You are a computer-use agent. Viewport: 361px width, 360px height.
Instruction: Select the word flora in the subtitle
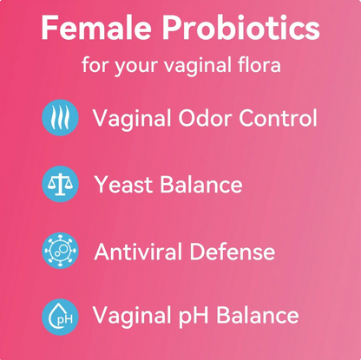(x=257, y=66)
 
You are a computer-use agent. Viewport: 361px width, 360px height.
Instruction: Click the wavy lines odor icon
(x=60, y=117)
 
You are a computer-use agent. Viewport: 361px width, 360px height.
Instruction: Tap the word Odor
(x=207, y=117)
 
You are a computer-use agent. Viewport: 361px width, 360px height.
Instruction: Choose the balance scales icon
(x=60, y=184)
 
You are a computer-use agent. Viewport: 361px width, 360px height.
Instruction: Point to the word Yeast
(x=121, y=184)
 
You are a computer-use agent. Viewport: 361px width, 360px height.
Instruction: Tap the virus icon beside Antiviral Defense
(x=60, y=252)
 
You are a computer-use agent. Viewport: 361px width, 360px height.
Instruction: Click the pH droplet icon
(x=60, y=317)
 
